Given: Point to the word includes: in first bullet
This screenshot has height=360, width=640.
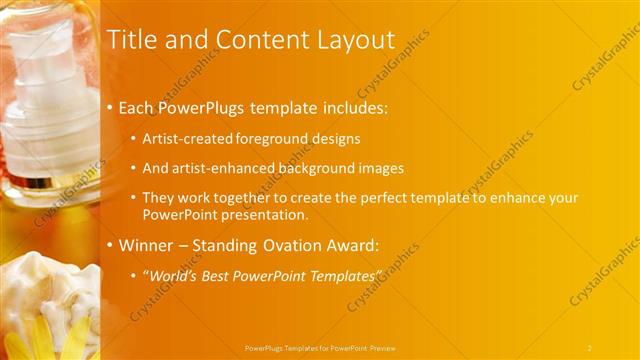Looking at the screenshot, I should click(352, 107).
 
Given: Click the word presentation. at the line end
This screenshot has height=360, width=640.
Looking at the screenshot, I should click(263, 214).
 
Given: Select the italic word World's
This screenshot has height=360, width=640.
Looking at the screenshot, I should click(174, 275).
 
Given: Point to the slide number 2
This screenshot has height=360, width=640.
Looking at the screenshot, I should click(590, 348).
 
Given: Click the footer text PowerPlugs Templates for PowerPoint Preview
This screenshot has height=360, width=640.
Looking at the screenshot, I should click(320, 348).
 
